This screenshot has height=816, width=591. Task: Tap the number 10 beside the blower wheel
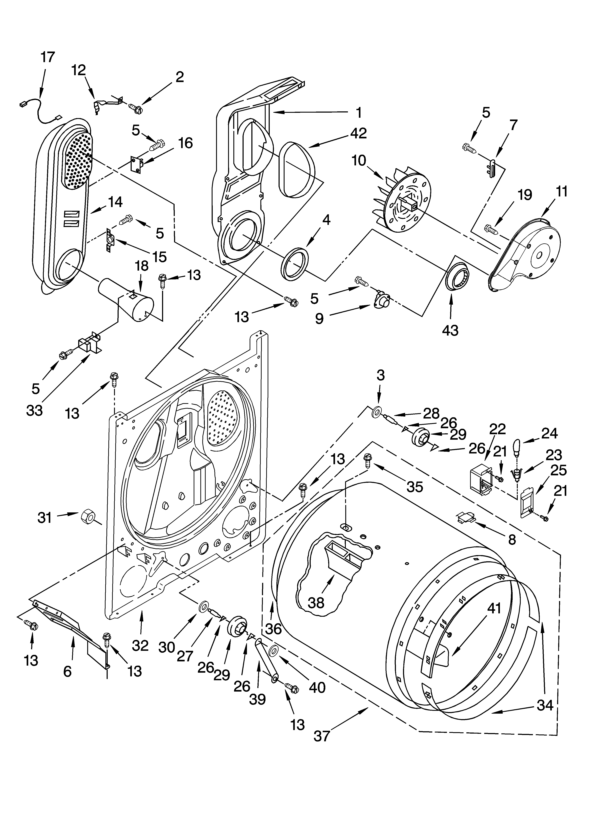pyautogui.click(x=359, y=160)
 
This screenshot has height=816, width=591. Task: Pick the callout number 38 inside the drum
pyautogui.click(x=316, y=603)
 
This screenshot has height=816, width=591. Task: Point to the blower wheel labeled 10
pyautogui.click(x=403, y=201)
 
